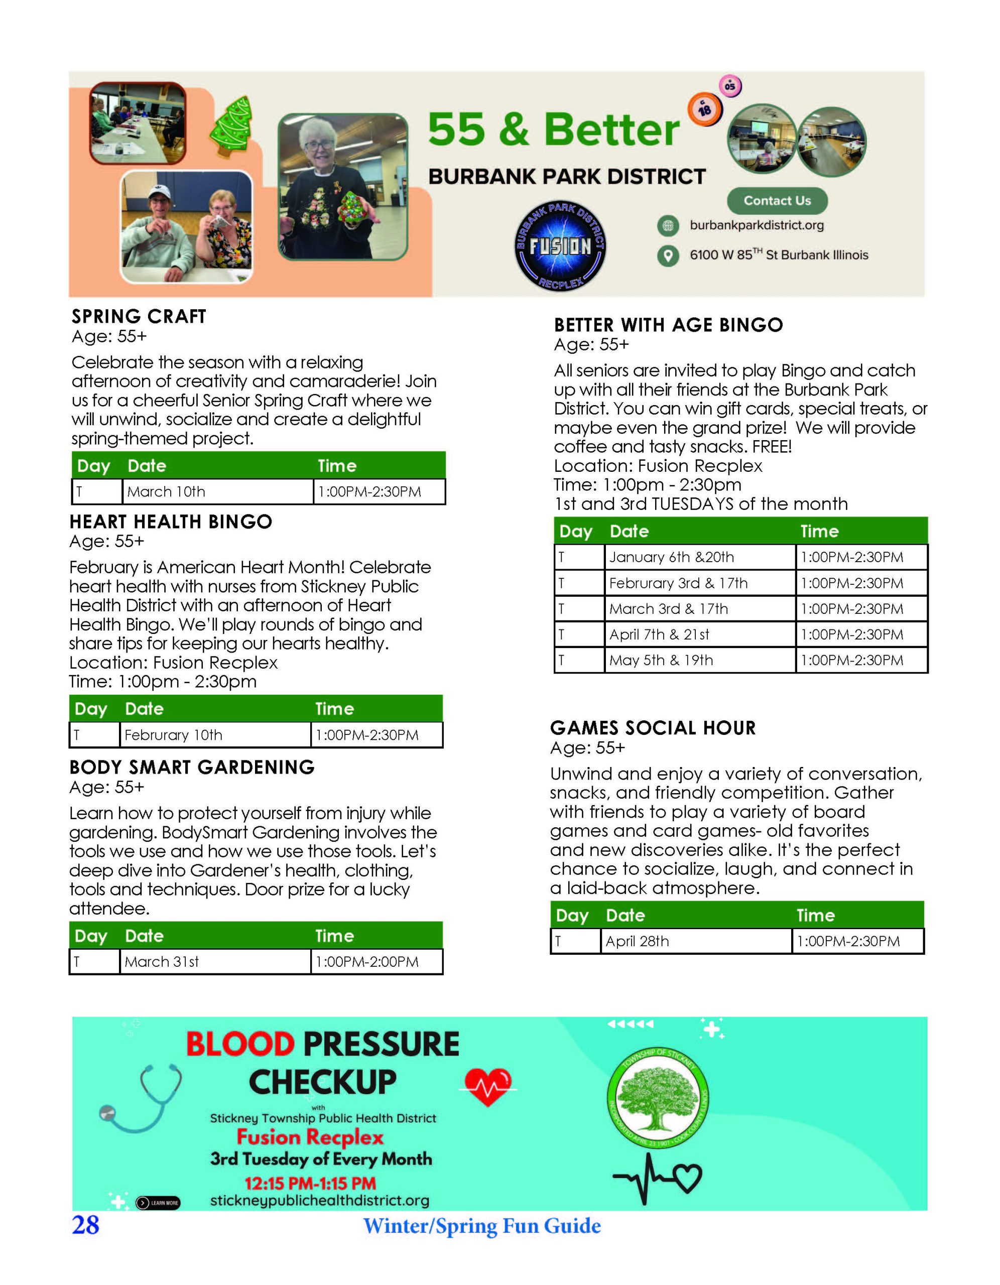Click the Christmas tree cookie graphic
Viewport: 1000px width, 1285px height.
pyautogui.click(x=231, y=124)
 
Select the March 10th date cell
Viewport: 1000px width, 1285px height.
pyautogui.click(x=217, y=492)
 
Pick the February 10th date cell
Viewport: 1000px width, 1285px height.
pyautogui.click(x=214, y=735)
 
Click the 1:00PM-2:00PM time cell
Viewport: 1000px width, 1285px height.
pyautogui.click(x=376, y=962)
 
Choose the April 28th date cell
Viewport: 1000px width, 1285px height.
pyautogui.click(x=695, y=941)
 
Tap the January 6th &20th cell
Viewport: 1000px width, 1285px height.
pyautogui.click(x=699, y=557)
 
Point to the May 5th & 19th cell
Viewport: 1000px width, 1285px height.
pyautogui.click(x=699, y=660)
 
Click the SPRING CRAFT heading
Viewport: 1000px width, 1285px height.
pyautogui.click(x=139, y=317)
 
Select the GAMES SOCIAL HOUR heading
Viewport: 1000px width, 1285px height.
pyautogui.click(x=653, y=728)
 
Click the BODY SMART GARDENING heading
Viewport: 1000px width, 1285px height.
pyautogui.click(x=192, y=767)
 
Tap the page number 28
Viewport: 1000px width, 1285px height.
pyautogui.click(x=85, y=1225)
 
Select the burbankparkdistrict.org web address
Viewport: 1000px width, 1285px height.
pyautogui.click(x=757, y=225)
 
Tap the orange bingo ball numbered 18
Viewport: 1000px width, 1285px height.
pyautogui.click(x=704, y=109)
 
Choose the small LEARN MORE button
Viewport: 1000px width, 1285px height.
pyautogui.click(x=158, y=1203)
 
